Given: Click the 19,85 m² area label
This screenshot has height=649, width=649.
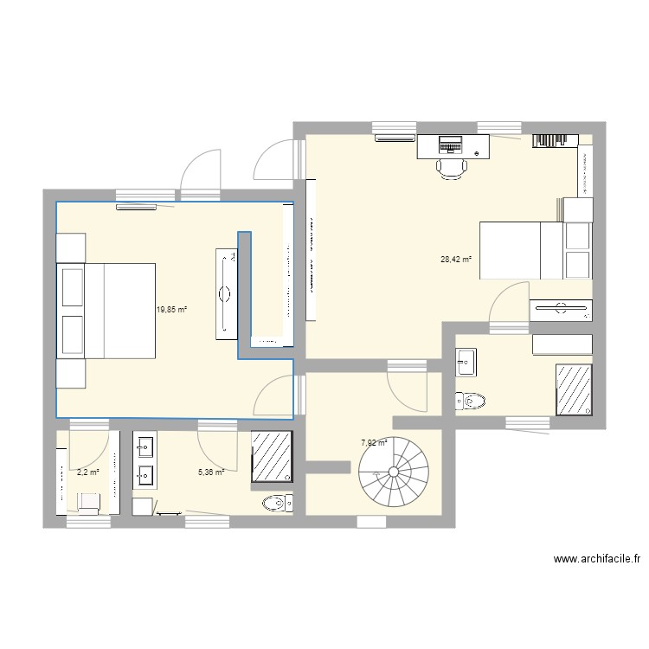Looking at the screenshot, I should (171, 308).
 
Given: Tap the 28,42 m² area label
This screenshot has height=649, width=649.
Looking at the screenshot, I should (455, 259).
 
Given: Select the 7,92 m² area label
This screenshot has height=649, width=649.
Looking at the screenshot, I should (374, 443).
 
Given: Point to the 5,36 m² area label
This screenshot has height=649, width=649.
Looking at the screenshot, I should (211, 472).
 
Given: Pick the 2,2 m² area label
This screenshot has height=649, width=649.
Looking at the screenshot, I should (88, 472).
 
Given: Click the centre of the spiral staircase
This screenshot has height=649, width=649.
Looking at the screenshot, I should (394, 472).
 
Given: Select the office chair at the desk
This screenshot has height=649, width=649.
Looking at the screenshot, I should (449, 167).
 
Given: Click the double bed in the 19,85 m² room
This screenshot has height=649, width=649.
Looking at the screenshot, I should (106, 311).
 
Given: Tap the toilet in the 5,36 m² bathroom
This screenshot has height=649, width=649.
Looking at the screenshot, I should (276, 503).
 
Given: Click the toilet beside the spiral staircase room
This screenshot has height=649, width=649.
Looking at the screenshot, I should (471, 401).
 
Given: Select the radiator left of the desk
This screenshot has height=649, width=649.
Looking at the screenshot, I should (395, 137).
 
